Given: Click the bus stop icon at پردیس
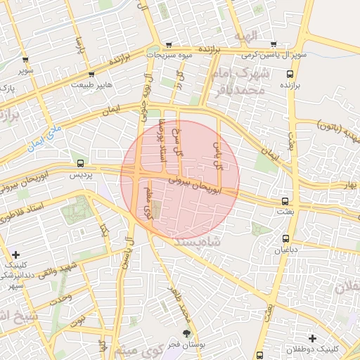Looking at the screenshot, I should tap(80, 163).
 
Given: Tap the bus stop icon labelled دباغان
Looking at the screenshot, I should tap(286, 238).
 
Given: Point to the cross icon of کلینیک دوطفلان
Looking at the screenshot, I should tap(312, 338).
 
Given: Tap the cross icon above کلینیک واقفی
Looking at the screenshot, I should tap(16, 254).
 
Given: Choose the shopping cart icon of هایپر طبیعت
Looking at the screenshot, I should tap(91, 73).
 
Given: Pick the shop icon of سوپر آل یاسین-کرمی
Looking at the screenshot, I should tap(274, 44).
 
